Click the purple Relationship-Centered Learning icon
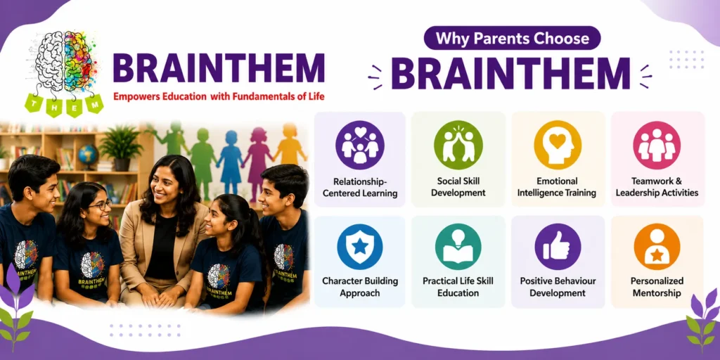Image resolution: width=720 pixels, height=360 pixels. (359, 145)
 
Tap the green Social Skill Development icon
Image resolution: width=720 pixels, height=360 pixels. (458, 145)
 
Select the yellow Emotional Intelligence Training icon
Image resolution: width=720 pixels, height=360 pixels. (558, 145)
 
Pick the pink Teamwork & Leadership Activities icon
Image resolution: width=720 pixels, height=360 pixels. (657, 145)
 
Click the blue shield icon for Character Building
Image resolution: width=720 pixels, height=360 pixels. (359, 247)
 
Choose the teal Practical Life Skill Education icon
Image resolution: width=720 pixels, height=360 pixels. (458, 247)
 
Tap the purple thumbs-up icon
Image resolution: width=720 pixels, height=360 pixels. (558, 247)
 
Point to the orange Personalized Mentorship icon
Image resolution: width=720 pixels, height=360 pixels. (657, 247)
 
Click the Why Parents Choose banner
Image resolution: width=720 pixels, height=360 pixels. (512, 38)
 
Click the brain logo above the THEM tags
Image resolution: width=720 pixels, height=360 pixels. (65, 62)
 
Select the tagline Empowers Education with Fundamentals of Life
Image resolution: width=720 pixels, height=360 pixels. (219, 97)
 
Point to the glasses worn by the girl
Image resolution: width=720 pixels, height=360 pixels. (100, 205)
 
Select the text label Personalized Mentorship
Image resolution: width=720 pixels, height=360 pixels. (657, 287)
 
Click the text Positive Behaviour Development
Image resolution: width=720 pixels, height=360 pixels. (558, 287)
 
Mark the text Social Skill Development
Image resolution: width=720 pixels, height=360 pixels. (458, 186)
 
